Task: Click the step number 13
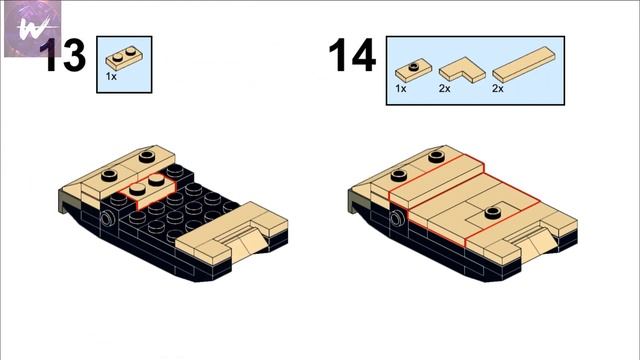(x=63, y=55)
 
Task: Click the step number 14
(x=352, y=55)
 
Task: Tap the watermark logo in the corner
(x=33, y=29)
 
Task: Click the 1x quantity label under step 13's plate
(x=111, y=76)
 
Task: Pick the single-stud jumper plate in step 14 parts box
(x=413, y=70)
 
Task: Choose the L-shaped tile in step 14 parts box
(x=462, y=69)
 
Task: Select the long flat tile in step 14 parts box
(x=524, y=64)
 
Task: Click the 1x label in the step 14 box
(x=400, y=88)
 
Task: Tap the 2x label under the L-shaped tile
(x=444, y=88)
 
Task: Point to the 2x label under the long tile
(x=498, y=88)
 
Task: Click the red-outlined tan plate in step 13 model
(x=148, y=191)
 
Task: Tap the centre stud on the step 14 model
(x=493, y=212)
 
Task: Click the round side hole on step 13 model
(x=108, y=219)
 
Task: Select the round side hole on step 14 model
(x=397, y=218)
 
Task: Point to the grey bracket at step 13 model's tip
(x=65, y=202)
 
